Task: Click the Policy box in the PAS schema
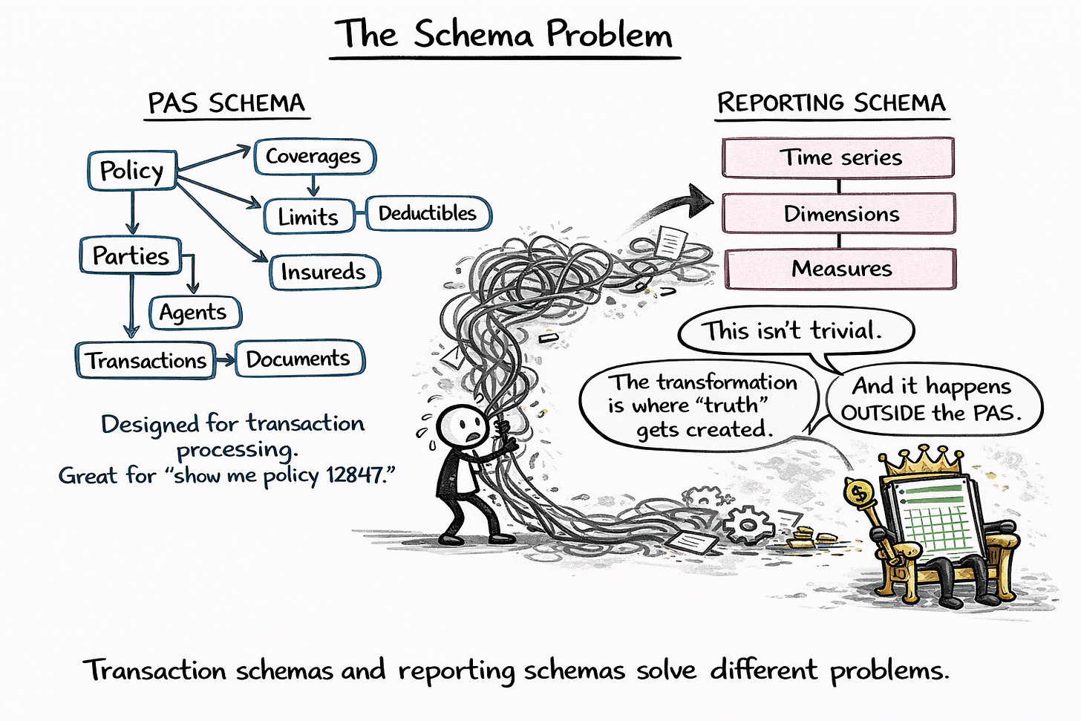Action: coord(131,171)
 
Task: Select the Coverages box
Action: coord(313,157)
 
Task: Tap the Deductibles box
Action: coord(428,214)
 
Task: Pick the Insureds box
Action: coord(323,272)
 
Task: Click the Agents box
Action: coord(193,313)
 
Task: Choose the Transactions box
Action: coord(146,361)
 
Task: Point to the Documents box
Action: coord(298,359)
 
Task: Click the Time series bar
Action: coord(839,157)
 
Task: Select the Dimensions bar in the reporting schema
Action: coord(840,214)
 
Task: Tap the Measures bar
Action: coord(841,269)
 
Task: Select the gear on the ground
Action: coord(747,524)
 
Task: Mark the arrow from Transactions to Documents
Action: coord(225,360)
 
